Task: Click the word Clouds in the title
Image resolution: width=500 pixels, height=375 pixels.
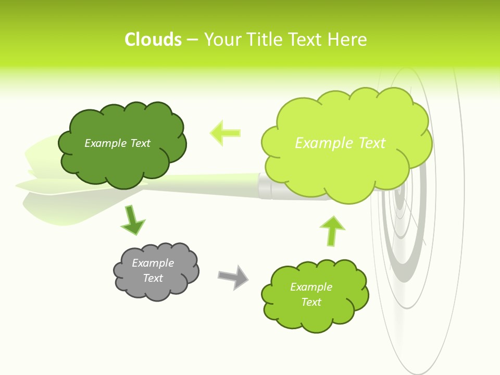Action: [153, 40]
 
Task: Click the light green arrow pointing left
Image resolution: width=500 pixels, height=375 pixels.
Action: [226, 133]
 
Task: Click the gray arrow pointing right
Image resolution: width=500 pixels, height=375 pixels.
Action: [233, 277]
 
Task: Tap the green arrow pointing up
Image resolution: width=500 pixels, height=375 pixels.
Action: [332, 230]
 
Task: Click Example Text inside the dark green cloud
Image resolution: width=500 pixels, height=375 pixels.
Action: [117, 143]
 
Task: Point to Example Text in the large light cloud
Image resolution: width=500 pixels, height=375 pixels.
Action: [340, 143]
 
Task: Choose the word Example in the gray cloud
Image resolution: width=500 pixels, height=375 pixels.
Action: [153, 263]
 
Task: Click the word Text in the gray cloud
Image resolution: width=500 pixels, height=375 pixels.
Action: [153, 278]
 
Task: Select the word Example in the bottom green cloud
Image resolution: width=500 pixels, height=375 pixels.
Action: [311, 287]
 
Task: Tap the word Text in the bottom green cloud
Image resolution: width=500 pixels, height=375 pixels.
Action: [311, 302]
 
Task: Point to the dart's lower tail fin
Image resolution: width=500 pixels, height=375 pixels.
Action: [57, 211]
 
